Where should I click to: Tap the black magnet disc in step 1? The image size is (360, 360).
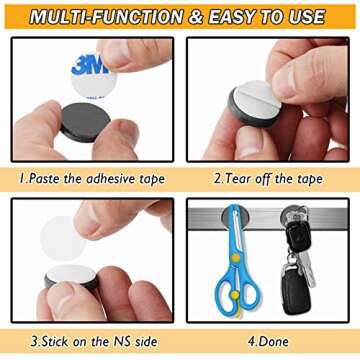[x=85, y=122]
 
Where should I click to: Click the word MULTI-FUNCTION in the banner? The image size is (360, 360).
[x=106, y=17]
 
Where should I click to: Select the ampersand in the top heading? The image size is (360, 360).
[x=195, y=17]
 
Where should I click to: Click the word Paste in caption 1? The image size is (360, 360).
[x=44, y=179]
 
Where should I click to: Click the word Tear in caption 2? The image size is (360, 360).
[x=238, y=179]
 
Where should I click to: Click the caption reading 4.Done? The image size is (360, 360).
[x=268, y=341]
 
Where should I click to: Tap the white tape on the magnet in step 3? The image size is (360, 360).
[x=71, y=274]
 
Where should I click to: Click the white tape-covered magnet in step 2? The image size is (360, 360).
[x=255, y=103]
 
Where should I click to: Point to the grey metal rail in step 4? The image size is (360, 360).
[x=268, y=219]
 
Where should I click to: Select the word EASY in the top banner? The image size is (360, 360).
[x=233, y=17]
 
